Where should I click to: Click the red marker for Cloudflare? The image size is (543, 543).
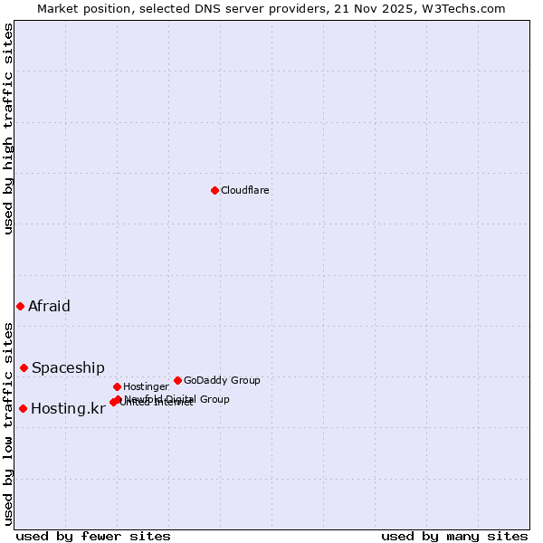(x=214, y=190)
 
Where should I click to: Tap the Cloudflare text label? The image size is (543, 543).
(x=244, y=191)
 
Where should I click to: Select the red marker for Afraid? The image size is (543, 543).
(x=20, y=306)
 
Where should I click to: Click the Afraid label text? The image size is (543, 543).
(x=49, y=306)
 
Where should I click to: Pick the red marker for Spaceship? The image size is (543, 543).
(x=24, y=367)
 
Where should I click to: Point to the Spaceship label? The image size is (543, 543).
(x=68, y=367)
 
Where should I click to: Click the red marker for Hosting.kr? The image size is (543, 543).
(x=23, y=408)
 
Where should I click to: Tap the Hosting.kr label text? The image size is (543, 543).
(x=68, y=408)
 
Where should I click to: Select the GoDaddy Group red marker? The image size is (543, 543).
(x=177, y=380)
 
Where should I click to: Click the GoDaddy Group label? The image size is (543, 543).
(x=222, y=380)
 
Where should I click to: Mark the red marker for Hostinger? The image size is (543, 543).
(x=117, y=386)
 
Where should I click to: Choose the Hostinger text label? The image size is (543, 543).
(x=146, y=386)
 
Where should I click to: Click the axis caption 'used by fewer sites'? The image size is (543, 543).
(x=93, y=536)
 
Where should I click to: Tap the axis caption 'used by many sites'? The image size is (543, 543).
(x=454, y=536)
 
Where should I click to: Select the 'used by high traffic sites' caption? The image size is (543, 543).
(x=8, y=129)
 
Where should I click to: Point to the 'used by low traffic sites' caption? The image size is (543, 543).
(x=8, y=424)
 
